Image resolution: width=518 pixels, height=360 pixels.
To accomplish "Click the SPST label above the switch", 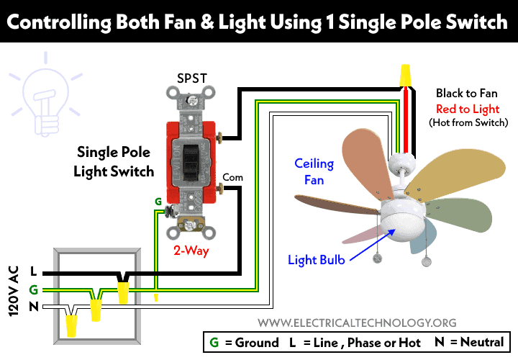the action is pyautogui.click(x=192, y=78).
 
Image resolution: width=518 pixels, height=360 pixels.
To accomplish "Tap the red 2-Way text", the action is pyautogui.click(x=191, y=251).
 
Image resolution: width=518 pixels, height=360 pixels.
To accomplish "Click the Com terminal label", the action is pyautogui.click(x=232, y=178).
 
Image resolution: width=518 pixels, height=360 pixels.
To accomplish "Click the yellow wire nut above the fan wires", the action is pyautogui.click(x=405, y=76).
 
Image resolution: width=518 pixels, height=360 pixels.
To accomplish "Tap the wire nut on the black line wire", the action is pyautogui.click(x=123, y=292).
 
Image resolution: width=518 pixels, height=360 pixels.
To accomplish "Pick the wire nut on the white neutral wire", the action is pyautogui.click(x=71, y=325).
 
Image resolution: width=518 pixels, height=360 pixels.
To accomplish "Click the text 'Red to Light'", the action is pyautogui.click(x=468, y=109).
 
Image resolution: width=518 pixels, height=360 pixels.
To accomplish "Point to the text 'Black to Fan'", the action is pyautogui.click(x=466, y=93).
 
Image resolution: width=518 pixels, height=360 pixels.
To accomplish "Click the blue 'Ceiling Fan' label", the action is pyautogui.click(x=314, y=171).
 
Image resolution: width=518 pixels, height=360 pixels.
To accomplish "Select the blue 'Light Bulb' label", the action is pyautogui.click(x=316, y=260).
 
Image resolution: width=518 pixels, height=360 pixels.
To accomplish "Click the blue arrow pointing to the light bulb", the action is pyautogui.click(x=373, y=245).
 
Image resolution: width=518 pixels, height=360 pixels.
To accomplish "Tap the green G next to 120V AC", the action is pyautogui.click(x=34, y=290).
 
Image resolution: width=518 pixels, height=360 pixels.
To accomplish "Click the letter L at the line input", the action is pyautogui.click(x=33, y=271).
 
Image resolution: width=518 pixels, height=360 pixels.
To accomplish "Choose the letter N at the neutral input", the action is pyautogui.click(x=34, y=307).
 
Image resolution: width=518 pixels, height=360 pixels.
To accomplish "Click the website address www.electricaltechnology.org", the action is pyautogui.click(x=357, y=323).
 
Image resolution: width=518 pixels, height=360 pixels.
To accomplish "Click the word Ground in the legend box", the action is pyautogui.click(x=257, y=343).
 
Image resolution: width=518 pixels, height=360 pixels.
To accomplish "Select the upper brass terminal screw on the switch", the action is pyautogui.click(x=219, y=137).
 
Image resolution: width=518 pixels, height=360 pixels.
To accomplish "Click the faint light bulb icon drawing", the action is pyautogui.click(x=45, y=96).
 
